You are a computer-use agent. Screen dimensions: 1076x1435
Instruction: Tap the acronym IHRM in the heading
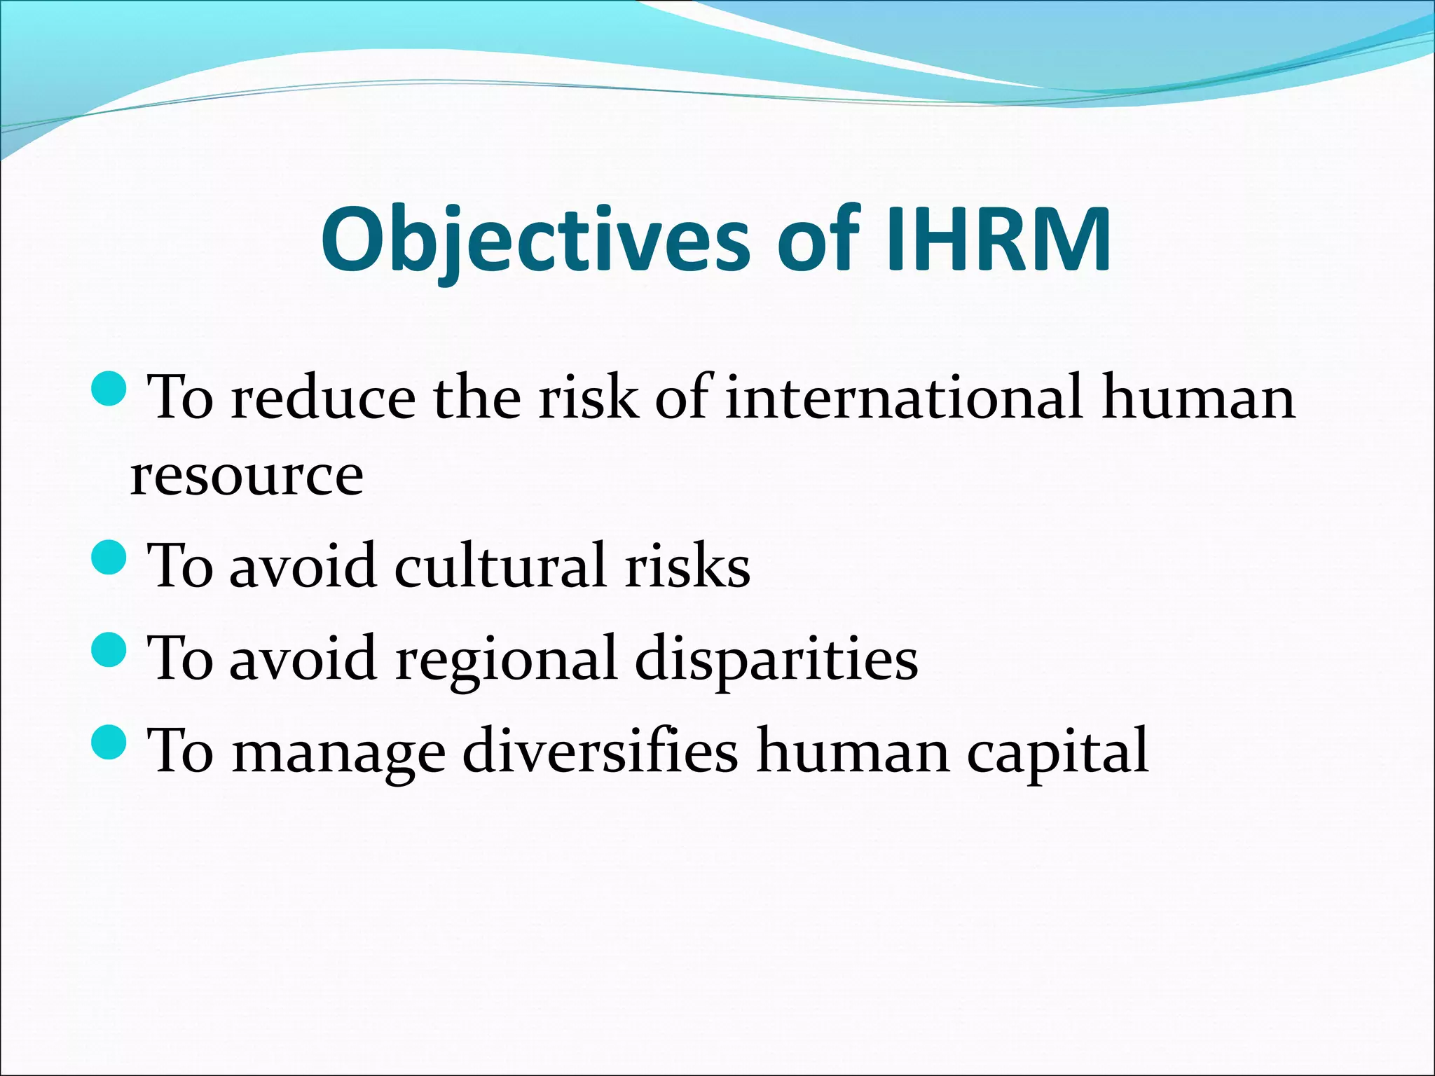[998, 240]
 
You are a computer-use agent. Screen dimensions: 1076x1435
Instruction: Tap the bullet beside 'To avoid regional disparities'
[109, 649]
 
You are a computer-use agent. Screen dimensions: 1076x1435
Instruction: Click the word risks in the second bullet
[687, 566]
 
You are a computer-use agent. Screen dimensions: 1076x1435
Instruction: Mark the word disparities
[776, 658]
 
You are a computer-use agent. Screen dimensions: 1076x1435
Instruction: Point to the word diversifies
[600, 751]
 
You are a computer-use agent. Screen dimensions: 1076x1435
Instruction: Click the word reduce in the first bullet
[323, 398]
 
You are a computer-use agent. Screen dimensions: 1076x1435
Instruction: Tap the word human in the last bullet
[853, 751]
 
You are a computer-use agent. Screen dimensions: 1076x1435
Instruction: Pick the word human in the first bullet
[1198, 398]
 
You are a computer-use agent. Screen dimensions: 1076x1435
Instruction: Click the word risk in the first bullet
[588, 398]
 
